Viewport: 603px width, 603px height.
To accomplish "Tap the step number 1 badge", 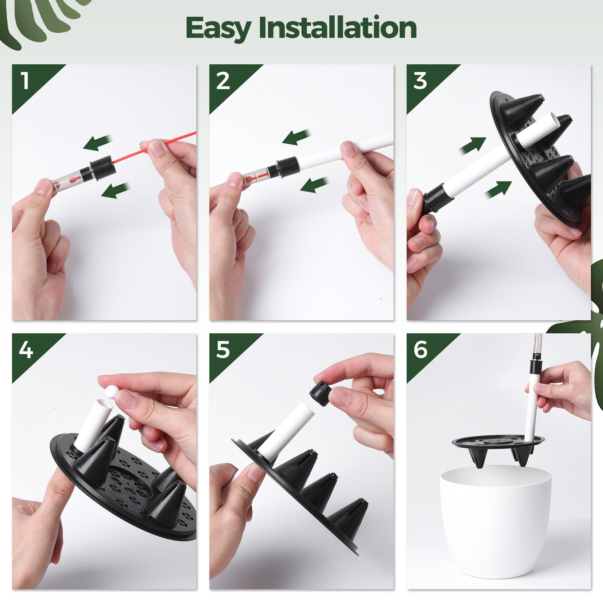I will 25,81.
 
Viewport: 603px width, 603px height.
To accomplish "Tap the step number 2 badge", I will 223,81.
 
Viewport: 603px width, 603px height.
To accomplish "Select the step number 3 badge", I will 420,81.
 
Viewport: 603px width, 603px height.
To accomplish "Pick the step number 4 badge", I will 25,350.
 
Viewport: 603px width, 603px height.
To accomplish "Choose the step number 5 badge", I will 223,350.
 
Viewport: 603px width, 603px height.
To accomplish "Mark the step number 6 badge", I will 420,350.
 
